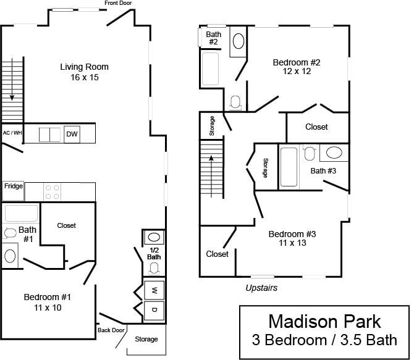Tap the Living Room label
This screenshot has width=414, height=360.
coord(85,72)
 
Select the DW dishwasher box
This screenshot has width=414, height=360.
coord(72,134)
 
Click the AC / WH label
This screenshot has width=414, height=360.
coord(12,133)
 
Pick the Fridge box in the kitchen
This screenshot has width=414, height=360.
coord(14,186)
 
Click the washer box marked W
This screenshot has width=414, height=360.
coord(154,290)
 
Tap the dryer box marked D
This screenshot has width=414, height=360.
coord(154,311)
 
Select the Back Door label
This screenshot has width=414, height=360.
coord(111,330)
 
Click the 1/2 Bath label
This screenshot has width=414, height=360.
coord(154,253)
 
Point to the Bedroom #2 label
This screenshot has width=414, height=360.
coord(297,66)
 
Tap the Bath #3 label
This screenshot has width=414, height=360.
coord(323,171)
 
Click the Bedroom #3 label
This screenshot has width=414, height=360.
coord(292,238)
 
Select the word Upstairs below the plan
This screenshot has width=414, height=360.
coord(261,288)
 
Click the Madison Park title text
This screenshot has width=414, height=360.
coord(324,322)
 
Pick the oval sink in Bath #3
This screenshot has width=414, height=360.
coord(335,153)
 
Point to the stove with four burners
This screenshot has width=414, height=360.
coord(53,191)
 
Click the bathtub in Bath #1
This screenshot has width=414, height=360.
coord(22,214)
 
